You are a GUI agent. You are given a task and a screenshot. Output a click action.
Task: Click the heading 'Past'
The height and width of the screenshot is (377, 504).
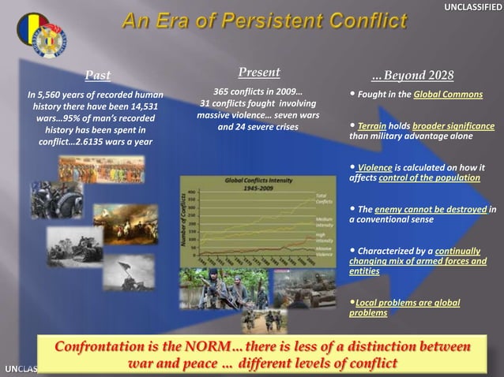[x=98, y=76]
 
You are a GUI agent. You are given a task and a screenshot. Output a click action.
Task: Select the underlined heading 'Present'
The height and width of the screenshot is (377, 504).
[x=258, y=73]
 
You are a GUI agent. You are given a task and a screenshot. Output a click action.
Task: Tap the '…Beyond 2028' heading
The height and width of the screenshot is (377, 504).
[x=412, y=76]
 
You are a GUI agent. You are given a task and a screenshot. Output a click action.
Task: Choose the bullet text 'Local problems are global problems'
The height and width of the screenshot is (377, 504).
[x=404, y=308]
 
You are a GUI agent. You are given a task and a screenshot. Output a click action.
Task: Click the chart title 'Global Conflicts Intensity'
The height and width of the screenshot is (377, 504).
[x=260, y=181]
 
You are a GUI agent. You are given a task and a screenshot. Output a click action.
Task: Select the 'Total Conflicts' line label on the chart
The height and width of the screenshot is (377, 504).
[x=323, y=197]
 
